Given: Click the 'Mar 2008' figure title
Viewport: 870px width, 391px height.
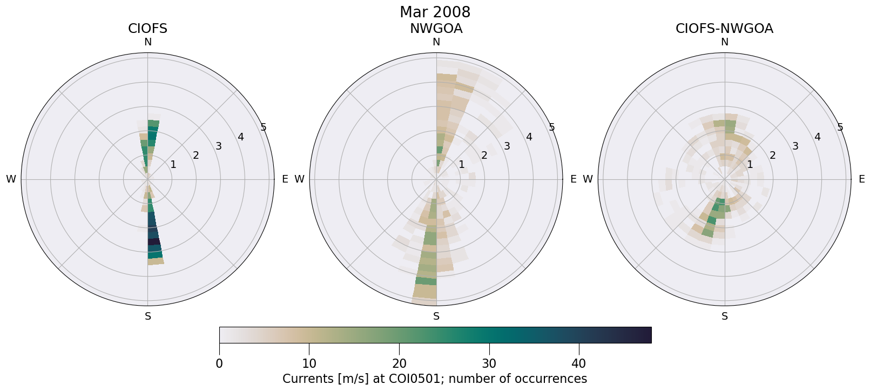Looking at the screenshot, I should click(x=435, y=12).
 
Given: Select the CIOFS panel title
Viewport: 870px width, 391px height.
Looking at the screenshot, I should click(x=147, y=29).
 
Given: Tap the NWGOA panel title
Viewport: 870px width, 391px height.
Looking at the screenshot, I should click(x=436, y=29).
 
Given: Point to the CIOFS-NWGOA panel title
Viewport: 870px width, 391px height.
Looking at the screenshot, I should click(x=724, y=29).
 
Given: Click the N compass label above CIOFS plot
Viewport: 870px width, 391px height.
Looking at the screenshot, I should click(x=147, y=42).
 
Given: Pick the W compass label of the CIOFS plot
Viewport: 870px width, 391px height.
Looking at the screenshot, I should click(x=11, y=179).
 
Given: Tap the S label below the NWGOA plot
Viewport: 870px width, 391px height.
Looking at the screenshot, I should click(x=436, y=316).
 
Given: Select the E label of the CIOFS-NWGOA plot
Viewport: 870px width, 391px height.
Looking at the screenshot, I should click(x=861, y=179).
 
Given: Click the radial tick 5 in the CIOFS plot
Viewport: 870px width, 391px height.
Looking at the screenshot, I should click(x=264, y=127).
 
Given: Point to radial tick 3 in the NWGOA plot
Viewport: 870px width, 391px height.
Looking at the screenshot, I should click(x=507, y=146).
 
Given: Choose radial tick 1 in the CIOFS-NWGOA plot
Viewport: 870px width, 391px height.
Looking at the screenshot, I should click(x=750, y=164).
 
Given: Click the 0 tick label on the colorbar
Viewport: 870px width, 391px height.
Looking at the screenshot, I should click(x=219, y=364).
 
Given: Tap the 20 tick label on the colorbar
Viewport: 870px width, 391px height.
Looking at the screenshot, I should click(x=399, y=364).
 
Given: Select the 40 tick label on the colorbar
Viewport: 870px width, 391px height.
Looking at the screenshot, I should click(x=578, y=364).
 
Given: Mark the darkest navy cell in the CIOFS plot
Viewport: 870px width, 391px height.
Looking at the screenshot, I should click(x=154, y=241).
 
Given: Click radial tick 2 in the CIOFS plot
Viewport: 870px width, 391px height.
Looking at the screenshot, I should click(x=195, y=156).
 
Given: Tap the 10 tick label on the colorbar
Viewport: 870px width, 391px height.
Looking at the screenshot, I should click(x=309, y=364).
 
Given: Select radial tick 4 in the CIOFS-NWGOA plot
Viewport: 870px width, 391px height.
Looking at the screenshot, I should click(x=817, y=137).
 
